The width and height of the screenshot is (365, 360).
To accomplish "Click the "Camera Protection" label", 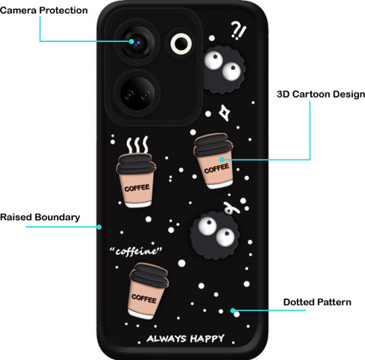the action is coord(44,11).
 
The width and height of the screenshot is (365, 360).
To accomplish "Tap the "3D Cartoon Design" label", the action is coord(321,94).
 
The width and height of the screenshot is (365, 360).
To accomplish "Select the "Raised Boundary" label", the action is coord(40,217).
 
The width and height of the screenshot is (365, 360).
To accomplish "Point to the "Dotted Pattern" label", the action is coord(317,302).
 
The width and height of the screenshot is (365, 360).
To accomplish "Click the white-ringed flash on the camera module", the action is coord(181,43).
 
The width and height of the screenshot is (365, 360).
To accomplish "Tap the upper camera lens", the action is coord(138,43).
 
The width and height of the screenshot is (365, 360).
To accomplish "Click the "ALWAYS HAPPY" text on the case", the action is coord(186,339).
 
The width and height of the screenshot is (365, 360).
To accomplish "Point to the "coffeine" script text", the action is coord(136,251).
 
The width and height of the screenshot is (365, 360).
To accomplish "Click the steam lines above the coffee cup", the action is coord(138,145).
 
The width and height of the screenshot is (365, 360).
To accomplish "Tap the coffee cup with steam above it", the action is coord(136,180).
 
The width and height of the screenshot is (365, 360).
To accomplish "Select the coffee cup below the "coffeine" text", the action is coord(148,291).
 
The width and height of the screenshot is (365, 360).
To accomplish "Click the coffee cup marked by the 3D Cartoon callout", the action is coord(214,161).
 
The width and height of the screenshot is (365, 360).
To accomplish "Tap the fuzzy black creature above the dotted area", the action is coord(214,235).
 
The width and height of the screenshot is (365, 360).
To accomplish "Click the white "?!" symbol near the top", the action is coord(238,30).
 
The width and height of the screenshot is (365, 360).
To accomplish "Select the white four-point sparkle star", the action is coord(224,113).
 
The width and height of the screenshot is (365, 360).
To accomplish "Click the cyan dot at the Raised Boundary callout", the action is coord(99,227).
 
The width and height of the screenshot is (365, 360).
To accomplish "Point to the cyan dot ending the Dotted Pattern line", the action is coord(233,311).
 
